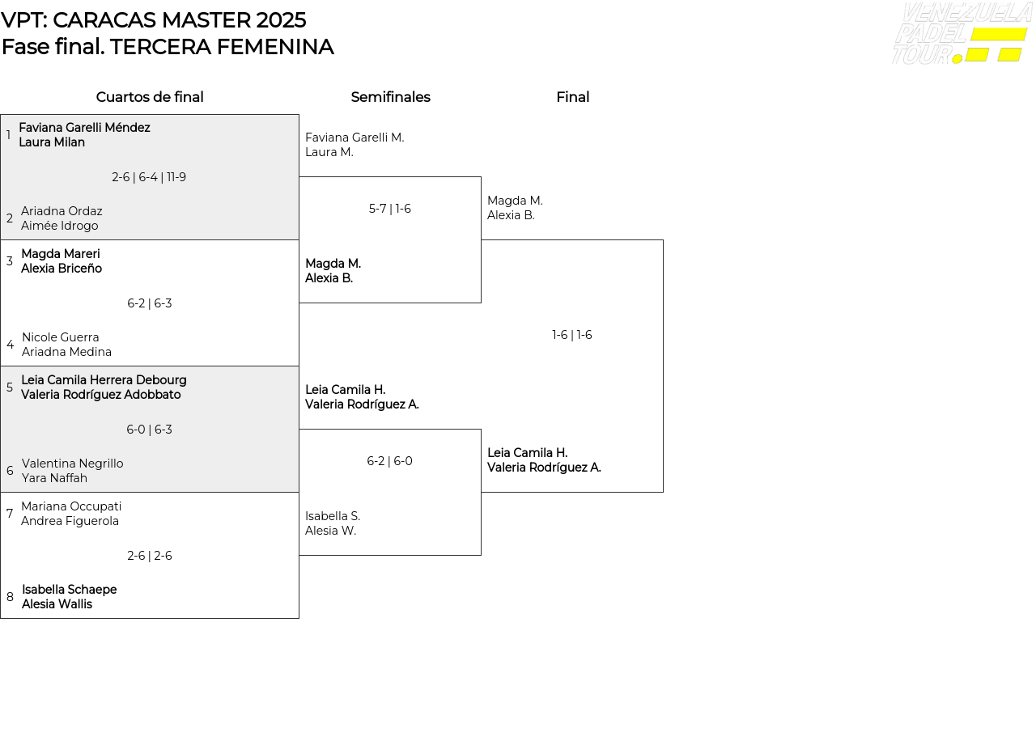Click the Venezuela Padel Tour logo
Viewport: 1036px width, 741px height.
[x=962, y=34]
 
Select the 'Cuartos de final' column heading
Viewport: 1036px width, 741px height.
[x=150, y=97]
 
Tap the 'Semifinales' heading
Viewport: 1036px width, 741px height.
[x=390, y=97]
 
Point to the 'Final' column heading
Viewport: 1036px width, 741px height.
[x=572, y=97]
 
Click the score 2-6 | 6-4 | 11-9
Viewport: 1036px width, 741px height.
[x=149, y=177]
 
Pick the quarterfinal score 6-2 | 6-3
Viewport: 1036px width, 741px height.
[x=150, y=303]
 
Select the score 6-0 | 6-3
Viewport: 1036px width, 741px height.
[x=149, y=430]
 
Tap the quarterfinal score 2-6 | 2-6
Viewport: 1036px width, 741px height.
[x=150, y=556]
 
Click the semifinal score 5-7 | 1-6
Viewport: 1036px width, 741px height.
[x=390, y=209]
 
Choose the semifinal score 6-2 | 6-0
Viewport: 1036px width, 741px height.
[x=389, y=461]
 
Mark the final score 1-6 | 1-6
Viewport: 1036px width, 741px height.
[x=572, y=335]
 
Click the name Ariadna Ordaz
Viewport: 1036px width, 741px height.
[x=62, y=211]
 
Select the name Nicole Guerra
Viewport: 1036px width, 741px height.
[x=61, y=337]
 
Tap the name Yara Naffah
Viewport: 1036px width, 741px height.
[x=54, y=478]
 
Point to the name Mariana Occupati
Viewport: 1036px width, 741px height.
[x=71, y=506]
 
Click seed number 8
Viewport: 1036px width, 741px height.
[x=10, y=597]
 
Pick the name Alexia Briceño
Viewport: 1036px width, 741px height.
[x=62, y=269]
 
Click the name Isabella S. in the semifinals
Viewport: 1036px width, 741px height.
[x=333, y=516]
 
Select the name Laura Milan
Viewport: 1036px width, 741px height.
[x=52, y=142]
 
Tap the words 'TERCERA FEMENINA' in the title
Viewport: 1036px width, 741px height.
[x=222, y=47]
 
